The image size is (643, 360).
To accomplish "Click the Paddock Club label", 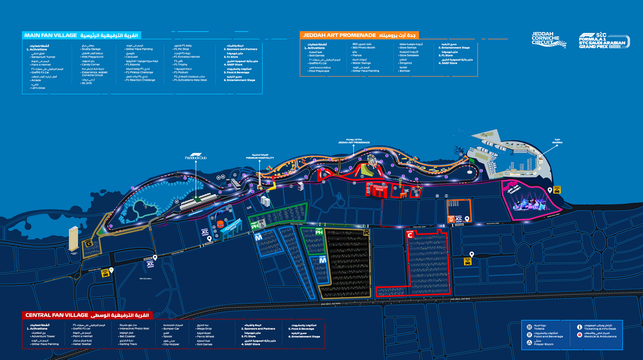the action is (196, 157).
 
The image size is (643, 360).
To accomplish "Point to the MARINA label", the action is (557, 141).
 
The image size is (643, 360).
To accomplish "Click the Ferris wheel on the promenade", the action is (372, 161).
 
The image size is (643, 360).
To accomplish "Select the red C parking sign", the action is (410, 235).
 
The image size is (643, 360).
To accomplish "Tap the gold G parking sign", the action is (89, 243).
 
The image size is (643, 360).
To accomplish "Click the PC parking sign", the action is (367, 232).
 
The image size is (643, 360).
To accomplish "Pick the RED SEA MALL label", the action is (146, 279).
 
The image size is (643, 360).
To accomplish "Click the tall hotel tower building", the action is (73, 238).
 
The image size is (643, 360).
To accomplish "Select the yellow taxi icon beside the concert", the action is (557, 190).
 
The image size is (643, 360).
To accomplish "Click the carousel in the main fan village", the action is (220, 224).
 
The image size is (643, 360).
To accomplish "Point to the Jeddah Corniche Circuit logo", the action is (548, 40).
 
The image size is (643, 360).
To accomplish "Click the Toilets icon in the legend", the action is (529, 327).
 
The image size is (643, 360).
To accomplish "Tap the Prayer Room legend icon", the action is (529, 343).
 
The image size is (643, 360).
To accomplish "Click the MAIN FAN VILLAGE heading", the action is (51, 35).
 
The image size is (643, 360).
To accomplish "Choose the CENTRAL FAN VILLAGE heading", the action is (57, 315).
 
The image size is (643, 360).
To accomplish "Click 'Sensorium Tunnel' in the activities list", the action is (43, 57).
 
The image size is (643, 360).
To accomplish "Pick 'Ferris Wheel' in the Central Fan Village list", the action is (205, 337).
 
